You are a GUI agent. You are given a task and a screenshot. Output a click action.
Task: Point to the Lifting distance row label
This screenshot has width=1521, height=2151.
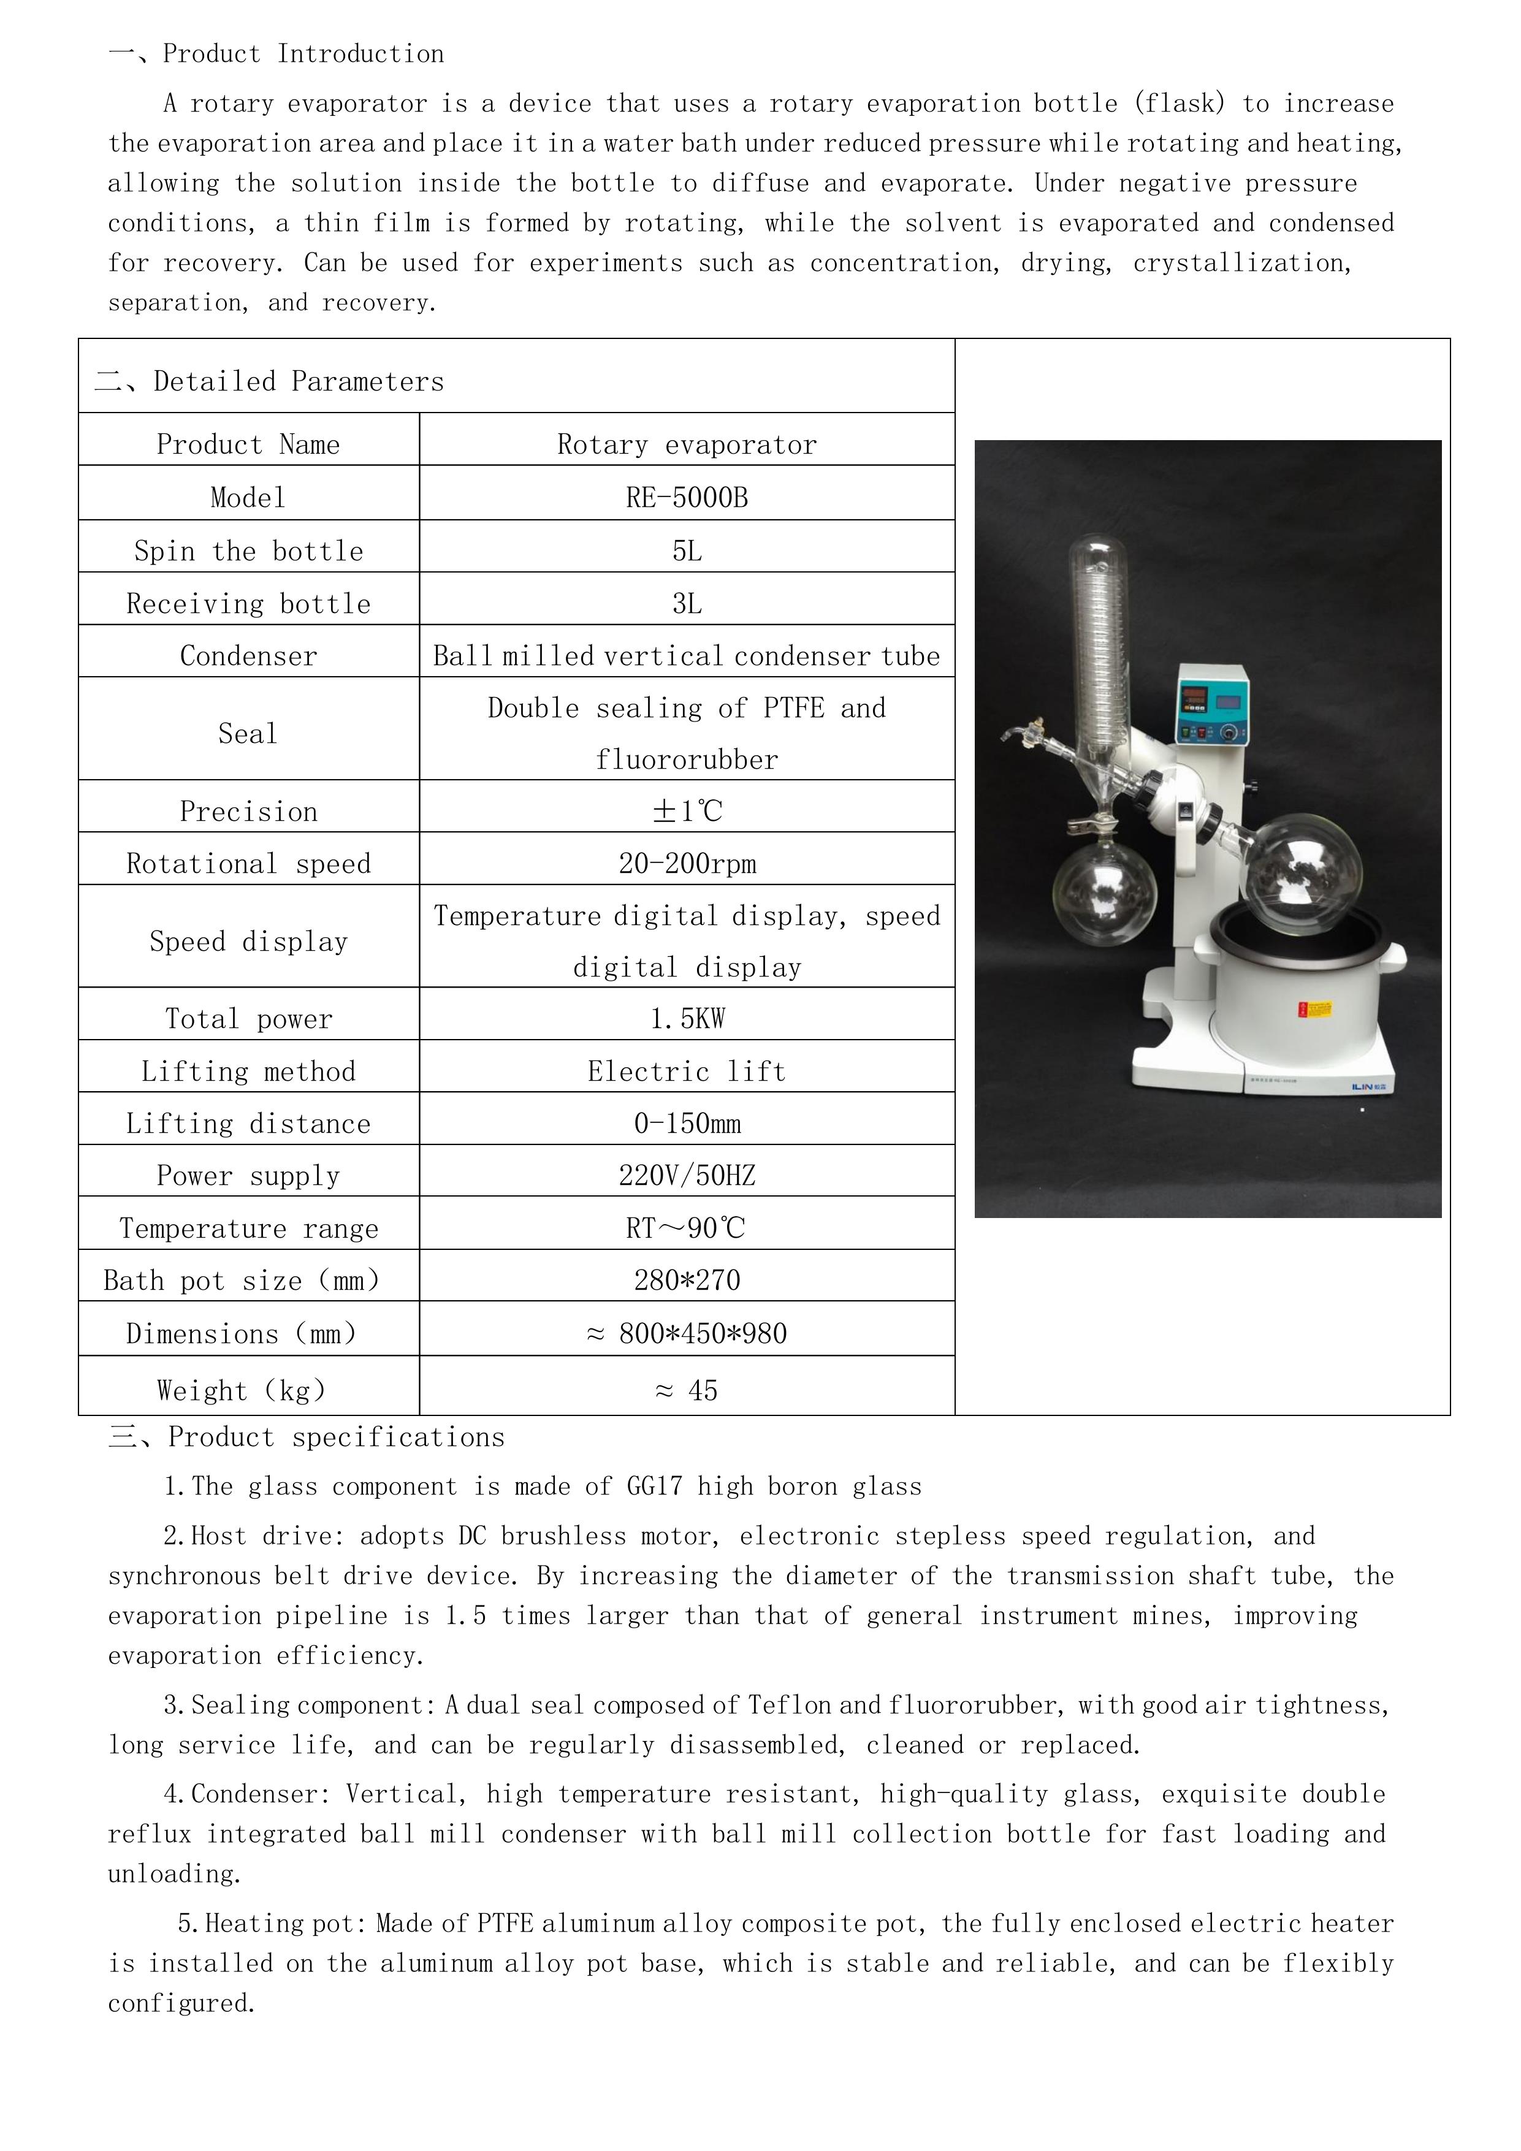(x=248, y=1123)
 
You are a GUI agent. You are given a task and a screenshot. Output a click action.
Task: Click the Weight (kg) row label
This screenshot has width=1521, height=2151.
(x=242, y=1390)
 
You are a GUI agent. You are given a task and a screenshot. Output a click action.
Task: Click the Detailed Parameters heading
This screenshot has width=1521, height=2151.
(x=298, y=381)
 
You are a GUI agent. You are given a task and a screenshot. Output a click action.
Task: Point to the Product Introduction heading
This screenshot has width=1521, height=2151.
(x=303, y=55)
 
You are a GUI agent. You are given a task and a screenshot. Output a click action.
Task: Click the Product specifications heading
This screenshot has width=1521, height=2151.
(x=335, y=1437)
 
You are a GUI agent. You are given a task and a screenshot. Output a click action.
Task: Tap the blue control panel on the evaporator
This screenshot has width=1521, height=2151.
(x=1213, y=704)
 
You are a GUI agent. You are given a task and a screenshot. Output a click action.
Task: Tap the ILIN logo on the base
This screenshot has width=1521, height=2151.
(x=1372, y=1087)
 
